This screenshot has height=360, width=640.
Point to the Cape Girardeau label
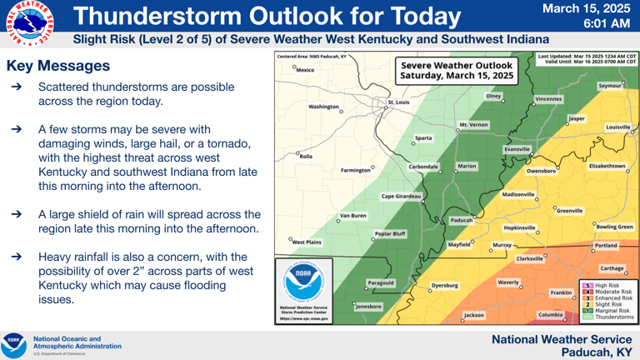pos(401,197)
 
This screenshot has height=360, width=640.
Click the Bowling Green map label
pos(617,226)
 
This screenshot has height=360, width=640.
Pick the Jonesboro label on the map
pos(367,307)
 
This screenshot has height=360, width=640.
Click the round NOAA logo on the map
pos(303,283)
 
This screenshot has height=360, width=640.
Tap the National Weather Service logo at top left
pos(27,23)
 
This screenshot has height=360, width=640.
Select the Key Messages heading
pos(57,66)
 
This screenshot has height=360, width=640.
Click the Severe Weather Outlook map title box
pos(453,70)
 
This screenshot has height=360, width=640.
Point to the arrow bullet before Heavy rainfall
pos(16,257)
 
